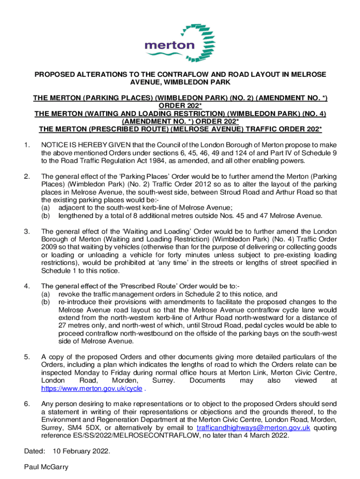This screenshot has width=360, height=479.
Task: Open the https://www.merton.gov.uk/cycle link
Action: tap(92, 388)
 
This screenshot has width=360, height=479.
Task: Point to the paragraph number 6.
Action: tap(26, 403)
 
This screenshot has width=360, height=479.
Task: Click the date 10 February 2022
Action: tap(81, 451)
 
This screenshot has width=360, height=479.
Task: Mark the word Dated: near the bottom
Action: tap(34, 451)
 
